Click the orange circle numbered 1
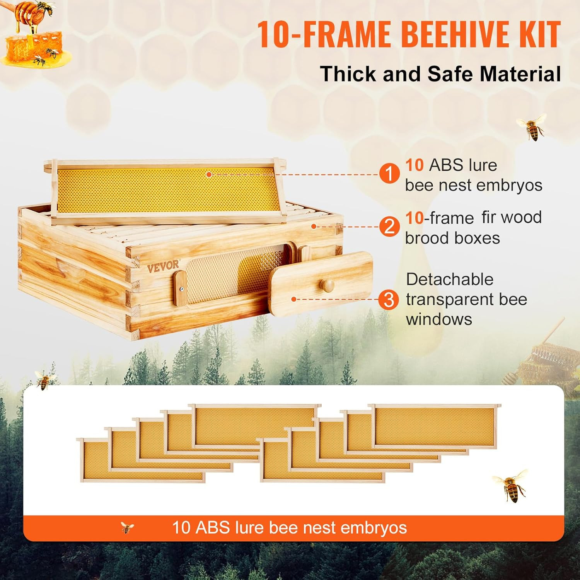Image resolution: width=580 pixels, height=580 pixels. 389,174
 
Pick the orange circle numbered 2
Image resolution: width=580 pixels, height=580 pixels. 389,227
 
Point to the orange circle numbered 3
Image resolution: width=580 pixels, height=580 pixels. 389,300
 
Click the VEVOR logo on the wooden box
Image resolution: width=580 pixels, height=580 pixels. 163,266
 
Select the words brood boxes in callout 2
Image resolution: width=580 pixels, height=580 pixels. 452,238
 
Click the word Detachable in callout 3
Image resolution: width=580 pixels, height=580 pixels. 450,279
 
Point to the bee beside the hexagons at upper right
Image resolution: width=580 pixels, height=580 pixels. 532,126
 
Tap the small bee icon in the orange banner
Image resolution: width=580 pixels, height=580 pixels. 127,527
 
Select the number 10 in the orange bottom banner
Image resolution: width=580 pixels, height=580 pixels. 181,528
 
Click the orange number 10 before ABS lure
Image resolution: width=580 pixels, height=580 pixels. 415,165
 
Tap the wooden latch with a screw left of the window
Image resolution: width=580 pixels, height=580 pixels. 180,288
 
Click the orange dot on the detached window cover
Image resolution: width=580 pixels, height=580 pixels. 294,299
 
